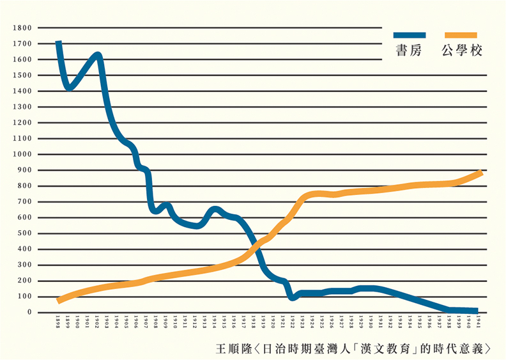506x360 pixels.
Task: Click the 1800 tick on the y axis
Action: (23, 28)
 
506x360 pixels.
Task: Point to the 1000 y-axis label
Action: (23, 154)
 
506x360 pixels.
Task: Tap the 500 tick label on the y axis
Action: (25, 233)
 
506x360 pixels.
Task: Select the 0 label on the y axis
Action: (29, 312)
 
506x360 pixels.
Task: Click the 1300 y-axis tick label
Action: (23, 107)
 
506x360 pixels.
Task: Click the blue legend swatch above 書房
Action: (409, 36)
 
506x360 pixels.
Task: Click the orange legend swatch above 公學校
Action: (461, 36)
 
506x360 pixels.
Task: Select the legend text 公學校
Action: (461, 51)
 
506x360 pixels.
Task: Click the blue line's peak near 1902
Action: (98, 56)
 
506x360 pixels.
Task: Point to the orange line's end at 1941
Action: (479, 173)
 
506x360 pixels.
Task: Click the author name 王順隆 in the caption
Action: (231, 348)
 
